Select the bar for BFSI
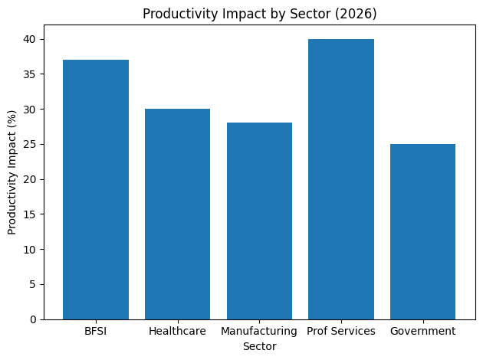(96, 189)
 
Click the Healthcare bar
(177, 214)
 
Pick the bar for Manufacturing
(259, 221)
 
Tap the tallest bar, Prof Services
(341, 179)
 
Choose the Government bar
(422, 231)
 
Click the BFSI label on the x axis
(96, 331)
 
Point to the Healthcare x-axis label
(177, 331)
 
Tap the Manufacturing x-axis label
(259, 331)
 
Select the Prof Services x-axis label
(341, 331)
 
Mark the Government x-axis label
(422, 331)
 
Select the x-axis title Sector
(259, 346)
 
